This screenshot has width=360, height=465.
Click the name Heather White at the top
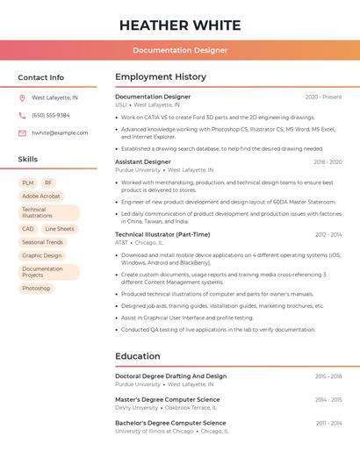click(180, 24)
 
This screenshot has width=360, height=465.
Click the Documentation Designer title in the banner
click(180, 50)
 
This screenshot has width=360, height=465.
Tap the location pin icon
click(22, 98)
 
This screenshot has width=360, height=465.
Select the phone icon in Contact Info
click(22, 115)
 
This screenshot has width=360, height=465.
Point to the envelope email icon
click(22, 132)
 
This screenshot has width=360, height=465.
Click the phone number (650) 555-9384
click(51, 115)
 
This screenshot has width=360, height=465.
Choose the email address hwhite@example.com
click(60, 132)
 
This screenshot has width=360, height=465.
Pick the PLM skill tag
click(28, 182)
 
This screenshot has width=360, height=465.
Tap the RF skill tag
click(48, 182)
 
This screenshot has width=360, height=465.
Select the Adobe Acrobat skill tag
click(41, 196)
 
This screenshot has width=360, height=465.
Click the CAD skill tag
click(28, 229)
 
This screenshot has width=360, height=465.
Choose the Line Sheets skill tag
click(60, 229)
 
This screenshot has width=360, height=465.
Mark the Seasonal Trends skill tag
click(43, 242)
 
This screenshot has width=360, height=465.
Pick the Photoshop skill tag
click(36, 288)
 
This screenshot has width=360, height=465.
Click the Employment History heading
click(161, 77)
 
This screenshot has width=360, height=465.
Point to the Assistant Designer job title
click(143, 162)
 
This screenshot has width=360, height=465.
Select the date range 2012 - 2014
click(328, 235)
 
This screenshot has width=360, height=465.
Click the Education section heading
click(138, 356)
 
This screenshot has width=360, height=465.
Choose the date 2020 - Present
click(323, 97)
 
